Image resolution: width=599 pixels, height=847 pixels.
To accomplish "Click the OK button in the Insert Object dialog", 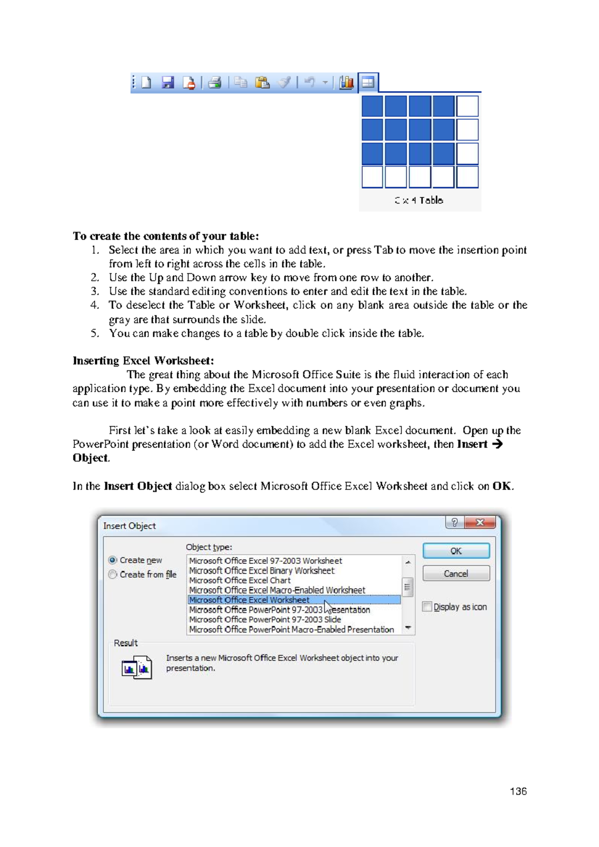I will click(456, 551).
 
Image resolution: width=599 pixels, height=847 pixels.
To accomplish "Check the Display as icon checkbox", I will click(427, 607).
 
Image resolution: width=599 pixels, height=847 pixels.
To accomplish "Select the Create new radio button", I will click(113, 560).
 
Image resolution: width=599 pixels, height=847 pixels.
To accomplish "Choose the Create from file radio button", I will click(113, 574).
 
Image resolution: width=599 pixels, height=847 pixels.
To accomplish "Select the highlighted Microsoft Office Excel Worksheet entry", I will click(250, 600).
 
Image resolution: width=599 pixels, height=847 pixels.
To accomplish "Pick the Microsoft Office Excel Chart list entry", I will click(240, 580).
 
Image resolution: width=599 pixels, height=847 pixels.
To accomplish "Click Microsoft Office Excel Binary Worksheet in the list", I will click(262, 570).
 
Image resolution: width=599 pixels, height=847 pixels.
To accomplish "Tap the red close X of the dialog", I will click(480, 522).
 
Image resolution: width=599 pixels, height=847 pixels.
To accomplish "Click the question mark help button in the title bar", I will click(454, 522).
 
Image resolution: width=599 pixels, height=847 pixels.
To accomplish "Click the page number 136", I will click(518, 791).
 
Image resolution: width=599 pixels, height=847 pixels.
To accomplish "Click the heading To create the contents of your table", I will click(166, 236).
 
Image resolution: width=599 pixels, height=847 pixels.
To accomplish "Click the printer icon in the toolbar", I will click(215, 82).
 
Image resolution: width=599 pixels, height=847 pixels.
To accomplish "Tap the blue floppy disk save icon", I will click(168, 82).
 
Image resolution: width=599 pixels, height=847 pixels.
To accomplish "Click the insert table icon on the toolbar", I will click(368, 82).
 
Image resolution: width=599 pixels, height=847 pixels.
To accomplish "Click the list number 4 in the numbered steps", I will click(95, 305).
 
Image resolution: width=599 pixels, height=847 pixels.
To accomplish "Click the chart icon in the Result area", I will click(136, 667).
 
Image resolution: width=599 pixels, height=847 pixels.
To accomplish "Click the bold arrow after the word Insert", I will click(497, 444).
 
